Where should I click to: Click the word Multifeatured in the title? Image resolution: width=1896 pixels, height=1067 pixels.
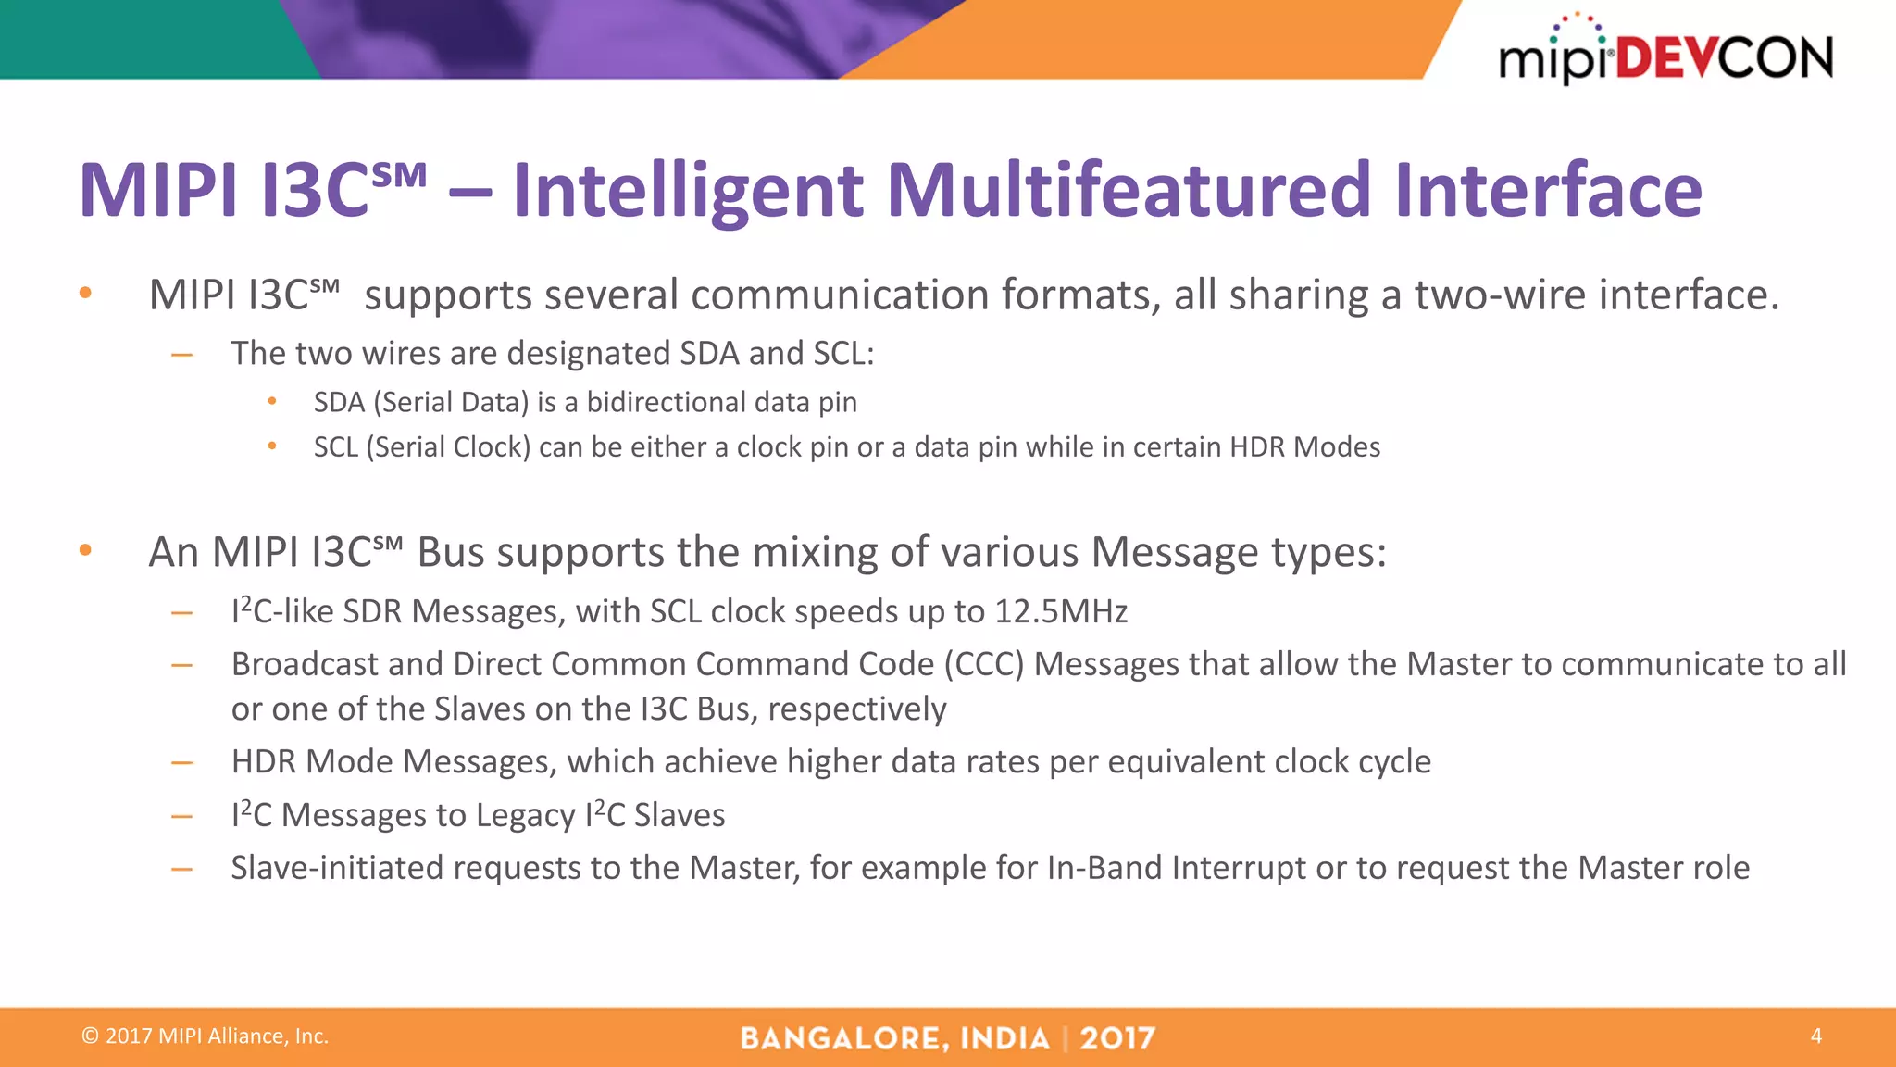click(x=1128, y=190)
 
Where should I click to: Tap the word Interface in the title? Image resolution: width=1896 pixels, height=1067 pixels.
click(x=1548, y=190)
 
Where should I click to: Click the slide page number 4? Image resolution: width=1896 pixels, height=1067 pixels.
click(x=1815, y=1036)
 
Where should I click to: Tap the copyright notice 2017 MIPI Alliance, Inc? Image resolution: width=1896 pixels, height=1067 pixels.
click(x=206, y=1036)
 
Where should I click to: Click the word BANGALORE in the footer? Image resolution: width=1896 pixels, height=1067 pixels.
click(x=844, y=1038)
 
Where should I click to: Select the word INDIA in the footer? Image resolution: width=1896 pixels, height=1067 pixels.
click(x=1004, y=1038)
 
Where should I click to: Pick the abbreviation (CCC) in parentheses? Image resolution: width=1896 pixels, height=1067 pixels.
click(x=983, y=664)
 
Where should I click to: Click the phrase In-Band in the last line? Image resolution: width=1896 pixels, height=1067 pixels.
click(x=1104, y=868)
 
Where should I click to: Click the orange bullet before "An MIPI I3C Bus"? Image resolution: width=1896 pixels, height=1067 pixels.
click(x=85, y=550)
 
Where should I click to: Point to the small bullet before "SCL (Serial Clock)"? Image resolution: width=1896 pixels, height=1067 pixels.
click(x=272, y=446)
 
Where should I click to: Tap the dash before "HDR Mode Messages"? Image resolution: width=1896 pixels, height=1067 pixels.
click(x=181, y=763)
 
